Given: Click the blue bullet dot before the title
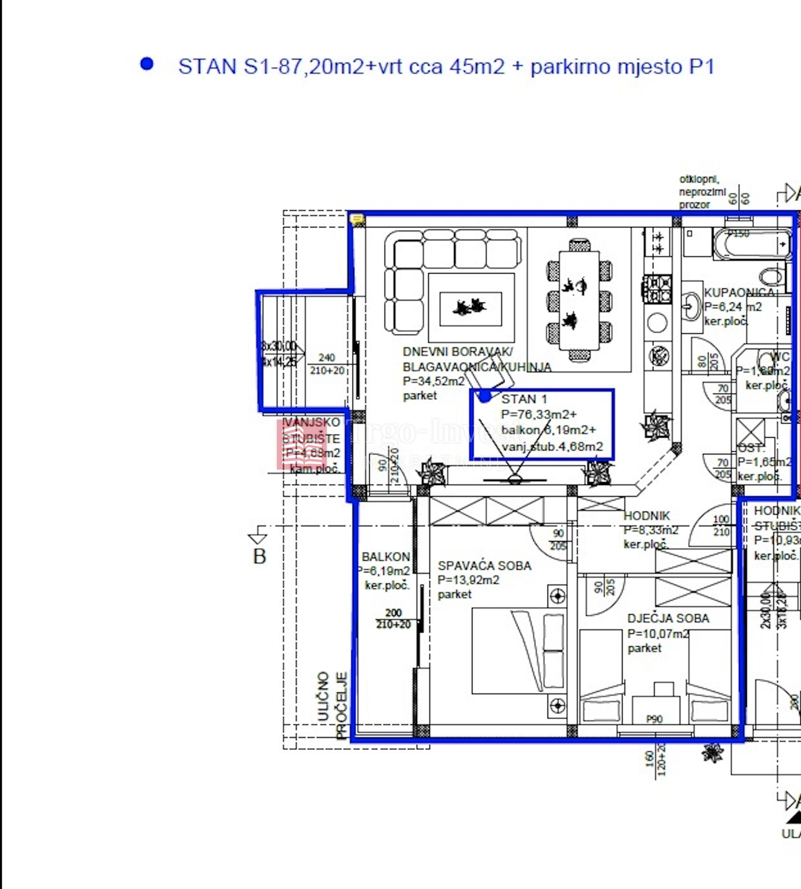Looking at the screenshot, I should click(x=147, y=64).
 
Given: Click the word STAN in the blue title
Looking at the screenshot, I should click(x=207, y=67).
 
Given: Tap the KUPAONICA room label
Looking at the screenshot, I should click(x=739, y=292).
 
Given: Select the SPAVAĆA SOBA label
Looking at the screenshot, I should click(x=484, y=565).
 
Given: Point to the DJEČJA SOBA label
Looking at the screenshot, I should click(x=667, y=619).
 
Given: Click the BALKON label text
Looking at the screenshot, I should click(x=386, y=557).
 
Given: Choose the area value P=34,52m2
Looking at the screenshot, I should click(x=433, y=381).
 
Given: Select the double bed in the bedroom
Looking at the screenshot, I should click(x=518, y=651).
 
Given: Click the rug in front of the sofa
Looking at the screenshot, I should click(x=471, y=308).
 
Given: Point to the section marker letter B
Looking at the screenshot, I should click(x=260, y=556).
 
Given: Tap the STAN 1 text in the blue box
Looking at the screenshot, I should click(x=524, y=399).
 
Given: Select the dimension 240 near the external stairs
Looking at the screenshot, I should click(x=326, y=358).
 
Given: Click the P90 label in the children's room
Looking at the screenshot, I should click(x=654, y=719).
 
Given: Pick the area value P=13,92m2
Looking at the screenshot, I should click(x=468, y=580).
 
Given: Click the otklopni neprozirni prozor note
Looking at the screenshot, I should click(x=702, y=192).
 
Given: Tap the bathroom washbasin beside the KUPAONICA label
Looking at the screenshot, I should click(x=690, y=308).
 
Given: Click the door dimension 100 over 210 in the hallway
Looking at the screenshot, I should click(x=721, y=525).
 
